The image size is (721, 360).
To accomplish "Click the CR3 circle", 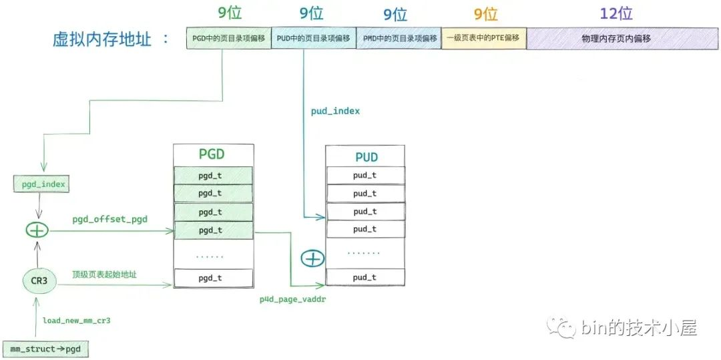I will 38,281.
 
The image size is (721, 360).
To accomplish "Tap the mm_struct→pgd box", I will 45,349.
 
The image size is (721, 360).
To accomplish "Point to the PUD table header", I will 365,157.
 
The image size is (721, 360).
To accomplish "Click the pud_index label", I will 335,111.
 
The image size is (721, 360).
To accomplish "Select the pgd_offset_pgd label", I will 110,218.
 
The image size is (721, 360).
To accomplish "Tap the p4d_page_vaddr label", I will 292,300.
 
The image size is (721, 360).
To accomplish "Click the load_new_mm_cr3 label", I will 76,321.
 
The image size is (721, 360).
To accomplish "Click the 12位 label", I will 616,13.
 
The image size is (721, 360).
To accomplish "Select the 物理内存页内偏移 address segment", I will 616,39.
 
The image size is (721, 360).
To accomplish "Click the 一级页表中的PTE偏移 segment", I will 484,39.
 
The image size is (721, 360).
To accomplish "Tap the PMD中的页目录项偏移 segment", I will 399,39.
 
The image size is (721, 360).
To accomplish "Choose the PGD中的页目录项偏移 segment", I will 229,39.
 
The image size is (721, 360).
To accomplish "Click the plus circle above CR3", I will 37,230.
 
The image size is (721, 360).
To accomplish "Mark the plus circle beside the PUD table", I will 312,258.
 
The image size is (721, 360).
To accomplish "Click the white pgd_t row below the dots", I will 214,278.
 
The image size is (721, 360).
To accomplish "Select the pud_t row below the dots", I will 365,277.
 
